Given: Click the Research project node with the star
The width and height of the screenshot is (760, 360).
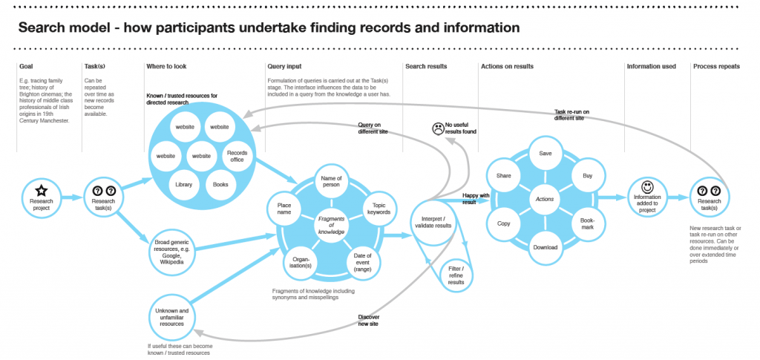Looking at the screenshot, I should click(x=42, y=197).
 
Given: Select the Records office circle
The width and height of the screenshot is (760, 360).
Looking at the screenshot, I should click(x=237, y=157).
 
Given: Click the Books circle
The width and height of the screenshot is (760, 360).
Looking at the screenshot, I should click(x=220, y=184).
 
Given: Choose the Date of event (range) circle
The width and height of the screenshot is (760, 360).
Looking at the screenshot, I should click(x=363, y=261).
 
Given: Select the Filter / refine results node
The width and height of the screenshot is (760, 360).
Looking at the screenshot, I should click(x=456, y=273).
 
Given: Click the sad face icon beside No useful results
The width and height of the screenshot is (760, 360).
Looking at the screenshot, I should click(x=437, y=128).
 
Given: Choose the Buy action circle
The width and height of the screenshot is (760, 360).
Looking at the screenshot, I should click(x=587, y=174).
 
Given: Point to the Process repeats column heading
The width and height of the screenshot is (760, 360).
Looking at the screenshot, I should click(x=716, y=66).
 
